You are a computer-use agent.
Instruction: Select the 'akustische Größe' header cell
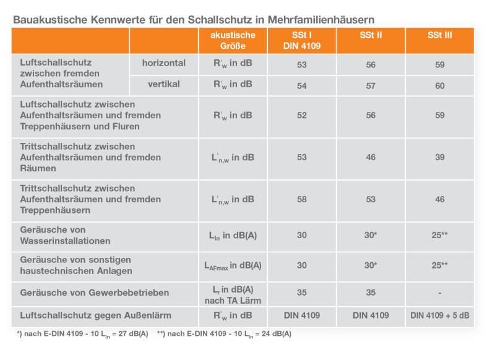click(x=233, y=40)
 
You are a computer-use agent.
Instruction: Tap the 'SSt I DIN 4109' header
click(x=302, y=40)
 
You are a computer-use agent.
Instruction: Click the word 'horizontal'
click(x=163, y=63)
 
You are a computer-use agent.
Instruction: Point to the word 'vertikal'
click(x=163, y=84)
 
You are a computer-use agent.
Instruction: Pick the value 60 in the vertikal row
click(x=440, y=86)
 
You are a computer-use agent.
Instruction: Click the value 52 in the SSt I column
click(x=302, y=116)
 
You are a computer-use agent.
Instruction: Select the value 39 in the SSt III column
click(x=440, y=158)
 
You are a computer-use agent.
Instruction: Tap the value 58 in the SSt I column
click(x=302, y=199)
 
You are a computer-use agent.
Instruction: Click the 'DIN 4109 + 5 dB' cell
click(x=440, y=315)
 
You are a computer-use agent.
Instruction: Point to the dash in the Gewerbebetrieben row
click(x=440, y=293)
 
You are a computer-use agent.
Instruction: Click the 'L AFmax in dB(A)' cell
click(x=233, y=265)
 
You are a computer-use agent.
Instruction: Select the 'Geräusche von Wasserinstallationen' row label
click(x=65, y=236)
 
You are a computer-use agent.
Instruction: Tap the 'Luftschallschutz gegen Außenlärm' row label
click(x=95, y=315)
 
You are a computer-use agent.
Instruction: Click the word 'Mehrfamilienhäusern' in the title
click(x=321, y=20)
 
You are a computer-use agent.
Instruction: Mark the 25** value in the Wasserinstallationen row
click(x=440, y=236)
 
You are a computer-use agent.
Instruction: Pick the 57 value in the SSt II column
click(x=371, y=86)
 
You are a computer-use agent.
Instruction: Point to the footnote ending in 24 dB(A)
click(x=224, y=334)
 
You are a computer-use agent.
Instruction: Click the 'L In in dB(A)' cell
click(x=233, y=236)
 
